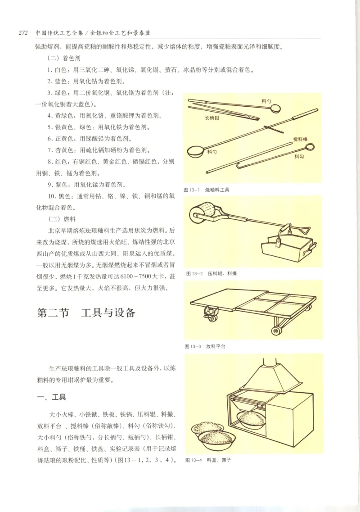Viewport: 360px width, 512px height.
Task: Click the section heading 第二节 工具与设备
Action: coord(86,313)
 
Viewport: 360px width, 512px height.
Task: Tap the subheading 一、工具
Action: coord(51,397)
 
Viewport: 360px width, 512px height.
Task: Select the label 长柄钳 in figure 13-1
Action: coord(212,118)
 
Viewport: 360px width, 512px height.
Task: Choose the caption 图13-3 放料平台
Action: coord(205,346)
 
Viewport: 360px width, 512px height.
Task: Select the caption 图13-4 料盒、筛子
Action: coord(207,460)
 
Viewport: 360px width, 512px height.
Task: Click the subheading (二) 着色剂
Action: coord(64,59)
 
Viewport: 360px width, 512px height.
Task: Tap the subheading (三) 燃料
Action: coord(60,219)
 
